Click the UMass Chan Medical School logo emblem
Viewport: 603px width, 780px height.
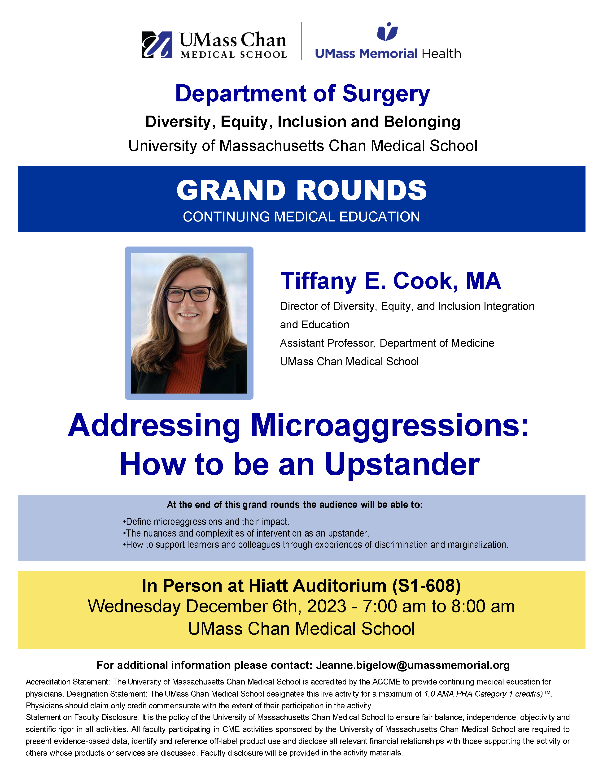(x=157, y=45)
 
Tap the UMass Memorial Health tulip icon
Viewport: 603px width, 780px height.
(x=387, y=31)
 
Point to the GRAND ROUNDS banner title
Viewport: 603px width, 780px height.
(x=301, y=190)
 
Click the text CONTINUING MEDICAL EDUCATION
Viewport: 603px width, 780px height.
(x=301, y=217)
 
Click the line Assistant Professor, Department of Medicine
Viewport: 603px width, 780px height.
(x=387, y=343)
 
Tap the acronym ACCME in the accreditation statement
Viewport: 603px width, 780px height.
(x=387, y=682)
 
